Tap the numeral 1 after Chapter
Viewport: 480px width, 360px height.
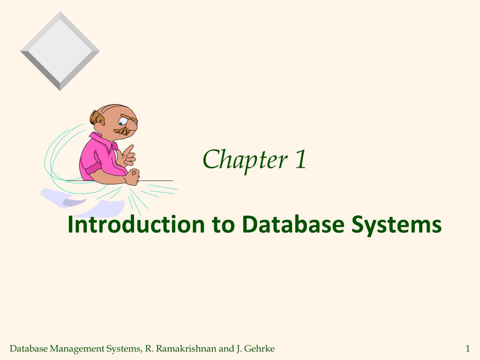coord(300,159)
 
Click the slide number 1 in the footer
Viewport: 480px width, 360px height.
coord(467,348)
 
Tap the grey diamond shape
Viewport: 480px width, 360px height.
coord(60,51)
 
